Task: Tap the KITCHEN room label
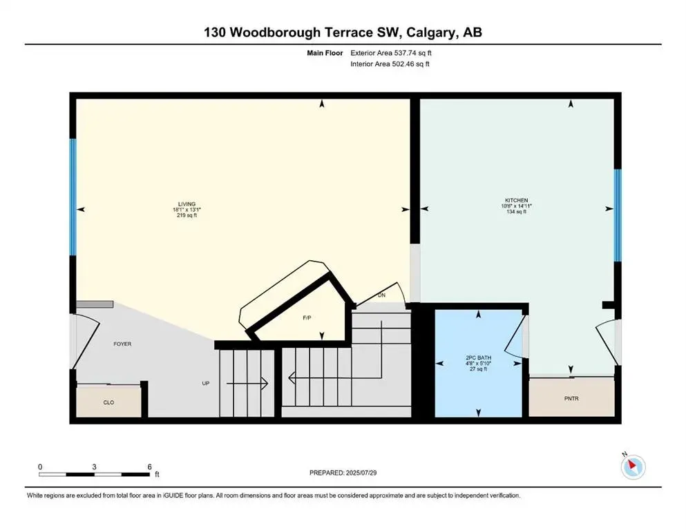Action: pyautogui.click(x=517, y=200)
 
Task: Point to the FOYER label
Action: pyautogui.click(x=122, y=344)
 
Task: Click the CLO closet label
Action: pyautogui.click(x=108, y=401)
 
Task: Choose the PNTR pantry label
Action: pyautogui.click(x=571, y=398)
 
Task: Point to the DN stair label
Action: pyautogui.click(x=381, y=295)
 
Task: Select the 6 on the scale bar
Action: pyautogui.click(x=149, y=467)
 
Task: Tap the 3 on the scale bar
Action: pyautogui.click(x=94, y=467)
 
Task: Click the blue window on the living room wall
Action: pyautogui.click(x=73, y=197)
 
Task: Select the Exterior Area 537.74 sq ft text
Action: pyautogui.click(x=393, y=52)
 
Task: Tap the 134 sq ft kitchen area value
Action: pyautogui.click(x=517, y=212)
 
